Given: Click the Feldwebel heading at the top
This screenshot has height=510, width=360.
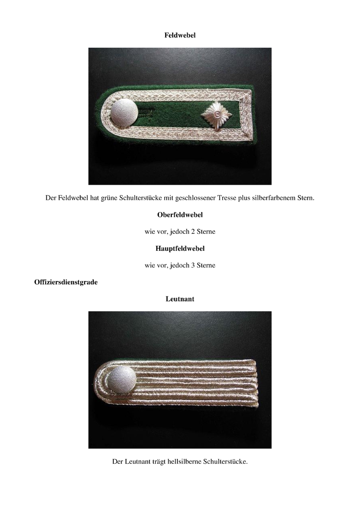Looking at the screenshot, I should tap(180, 35).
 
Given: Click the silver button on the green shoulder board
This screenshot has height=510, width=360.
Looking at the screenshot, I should tap(124, 114).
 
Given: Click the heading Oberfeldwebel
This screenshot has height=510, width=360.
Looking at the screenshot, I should tap(180, 215).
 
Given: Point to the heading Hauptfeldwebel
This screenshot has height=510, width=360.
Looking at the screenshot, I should tap(180, 248).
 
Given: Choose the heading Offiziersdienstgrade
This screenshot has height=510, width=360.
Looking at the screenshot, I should tap(66, 282).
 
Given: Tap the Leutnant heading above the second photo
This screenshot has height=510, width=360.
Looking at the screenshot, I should tap(180, 299).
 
